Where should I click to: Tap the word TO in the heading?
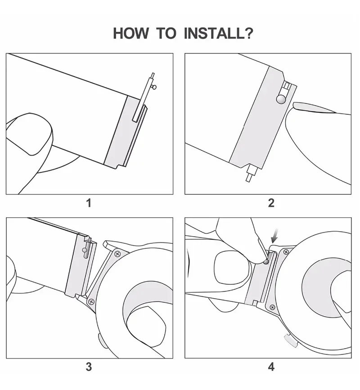pyautogui.click(x=167, y=33)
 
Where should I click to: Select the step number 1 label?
pyautogui.click(x=89, y=203)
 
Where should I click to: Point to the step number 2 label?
pyautogui.click(x=271, y=203)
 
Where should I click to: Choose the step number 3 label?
pyautogui.click(x=89, y=367)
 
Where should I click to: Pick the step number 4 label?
pyautogui.click(x=271, y=367)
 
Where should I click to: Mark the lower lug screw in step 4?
pyautogui.click(x=272, y=306)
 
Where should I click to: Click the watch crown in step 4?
pyautogui.click(x=291, y=341)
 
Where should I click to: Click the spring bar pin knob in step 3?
pyautogui.click(x=85, y=250)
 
